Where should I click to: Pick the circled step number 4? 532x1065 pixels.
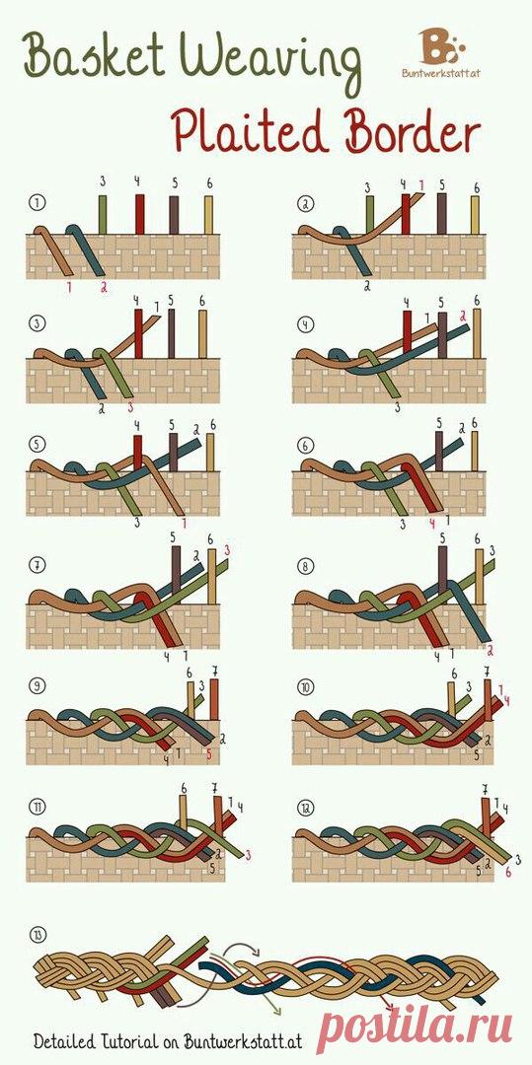click(302, 324)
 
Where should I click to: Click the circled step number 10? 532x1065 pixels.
click(304, 687)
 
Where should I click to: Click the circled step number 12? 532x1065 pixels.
click(304, 808)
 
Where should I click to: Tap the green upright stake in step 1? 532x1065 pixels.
click(103, 215)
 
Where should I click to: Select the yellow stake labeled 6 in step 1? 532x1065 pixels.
click(208, 215)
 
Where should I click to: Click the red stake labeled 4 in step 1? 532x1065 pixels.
click(140, 214)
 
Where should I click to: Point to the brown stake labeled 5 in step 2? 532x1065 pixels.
click(442, 214)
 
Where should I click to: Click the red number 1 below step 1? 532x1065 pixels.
click(69, 287)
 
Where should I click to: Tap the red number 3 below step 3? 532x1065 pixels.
click(131, 407)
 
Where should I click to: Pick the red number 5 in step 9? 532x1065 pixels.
click(208, 754)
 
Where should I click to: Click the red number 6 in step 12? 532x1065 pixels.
click(507, 872)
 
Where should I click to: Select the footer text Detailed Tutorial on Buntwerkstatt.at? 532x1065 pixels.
click(168, 1040)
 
